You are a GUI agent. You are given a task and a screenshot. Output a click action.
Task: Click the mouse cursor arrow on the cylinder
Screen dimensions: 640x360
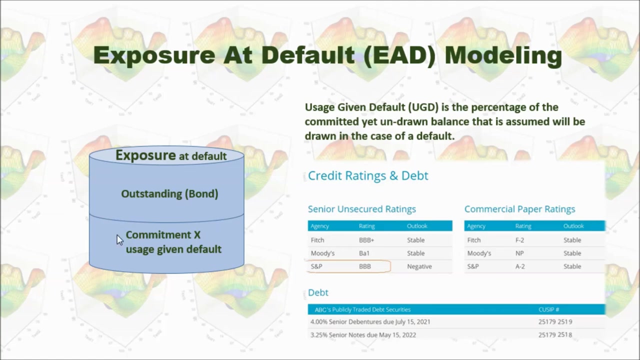coord(119,240)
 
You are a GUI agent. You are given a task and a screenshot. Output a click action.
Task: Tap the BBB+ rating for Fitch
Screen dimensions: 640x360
coord(366,240)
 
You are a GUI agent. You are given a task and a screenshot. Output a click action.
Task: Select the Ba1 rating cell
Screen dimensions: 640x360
coord(364,253)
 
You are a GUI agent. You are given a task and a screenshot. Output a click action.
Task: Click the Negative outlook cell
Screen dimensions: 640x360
coord(419,266)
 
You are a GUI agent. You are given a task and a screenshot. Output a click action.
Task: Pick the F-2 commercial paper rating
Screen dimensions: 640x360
coord(519,240)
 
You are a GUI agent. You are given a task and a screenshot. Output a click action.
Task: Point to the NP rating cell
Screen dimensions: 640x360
coord(519,253)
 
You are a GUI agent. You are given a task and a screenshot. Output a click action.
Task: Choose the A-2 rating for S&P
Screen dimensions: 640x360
coord(519,266)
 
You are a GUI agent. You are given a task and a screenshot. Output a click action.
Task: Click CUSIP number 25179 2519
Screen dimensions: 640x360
coord(555,321)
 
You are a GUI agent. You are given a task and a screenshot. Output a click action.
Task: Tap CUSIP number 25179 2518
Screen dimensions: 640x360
coord(555,334)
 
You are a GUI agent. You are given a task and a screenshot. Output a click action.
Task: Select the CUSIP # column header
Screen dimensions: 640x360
coord(548,309)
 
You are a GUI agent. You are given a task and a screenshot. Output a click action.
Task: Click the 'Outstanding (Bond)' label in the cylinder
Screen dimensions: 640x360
coord(169,194)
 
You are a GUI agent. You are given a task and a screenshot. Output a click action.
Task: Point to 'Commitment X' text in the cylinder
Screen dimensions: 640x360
coord(163,235)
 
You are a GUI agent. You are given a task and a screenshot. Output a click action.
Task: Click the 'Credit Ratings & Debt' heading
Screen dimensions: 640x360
coord(368,175)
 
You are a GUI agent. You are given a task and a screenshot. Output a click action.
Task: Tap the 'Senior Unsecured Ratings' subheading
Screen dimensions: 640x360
coord(361,209)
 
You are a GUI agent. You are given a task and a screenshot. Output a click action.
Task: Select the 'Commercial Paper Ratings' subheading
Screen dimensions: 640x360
coord(519,209)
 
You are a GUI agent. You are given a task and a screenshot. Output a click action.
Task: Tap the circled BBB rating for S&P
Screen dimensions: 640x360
coord(365,266)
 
